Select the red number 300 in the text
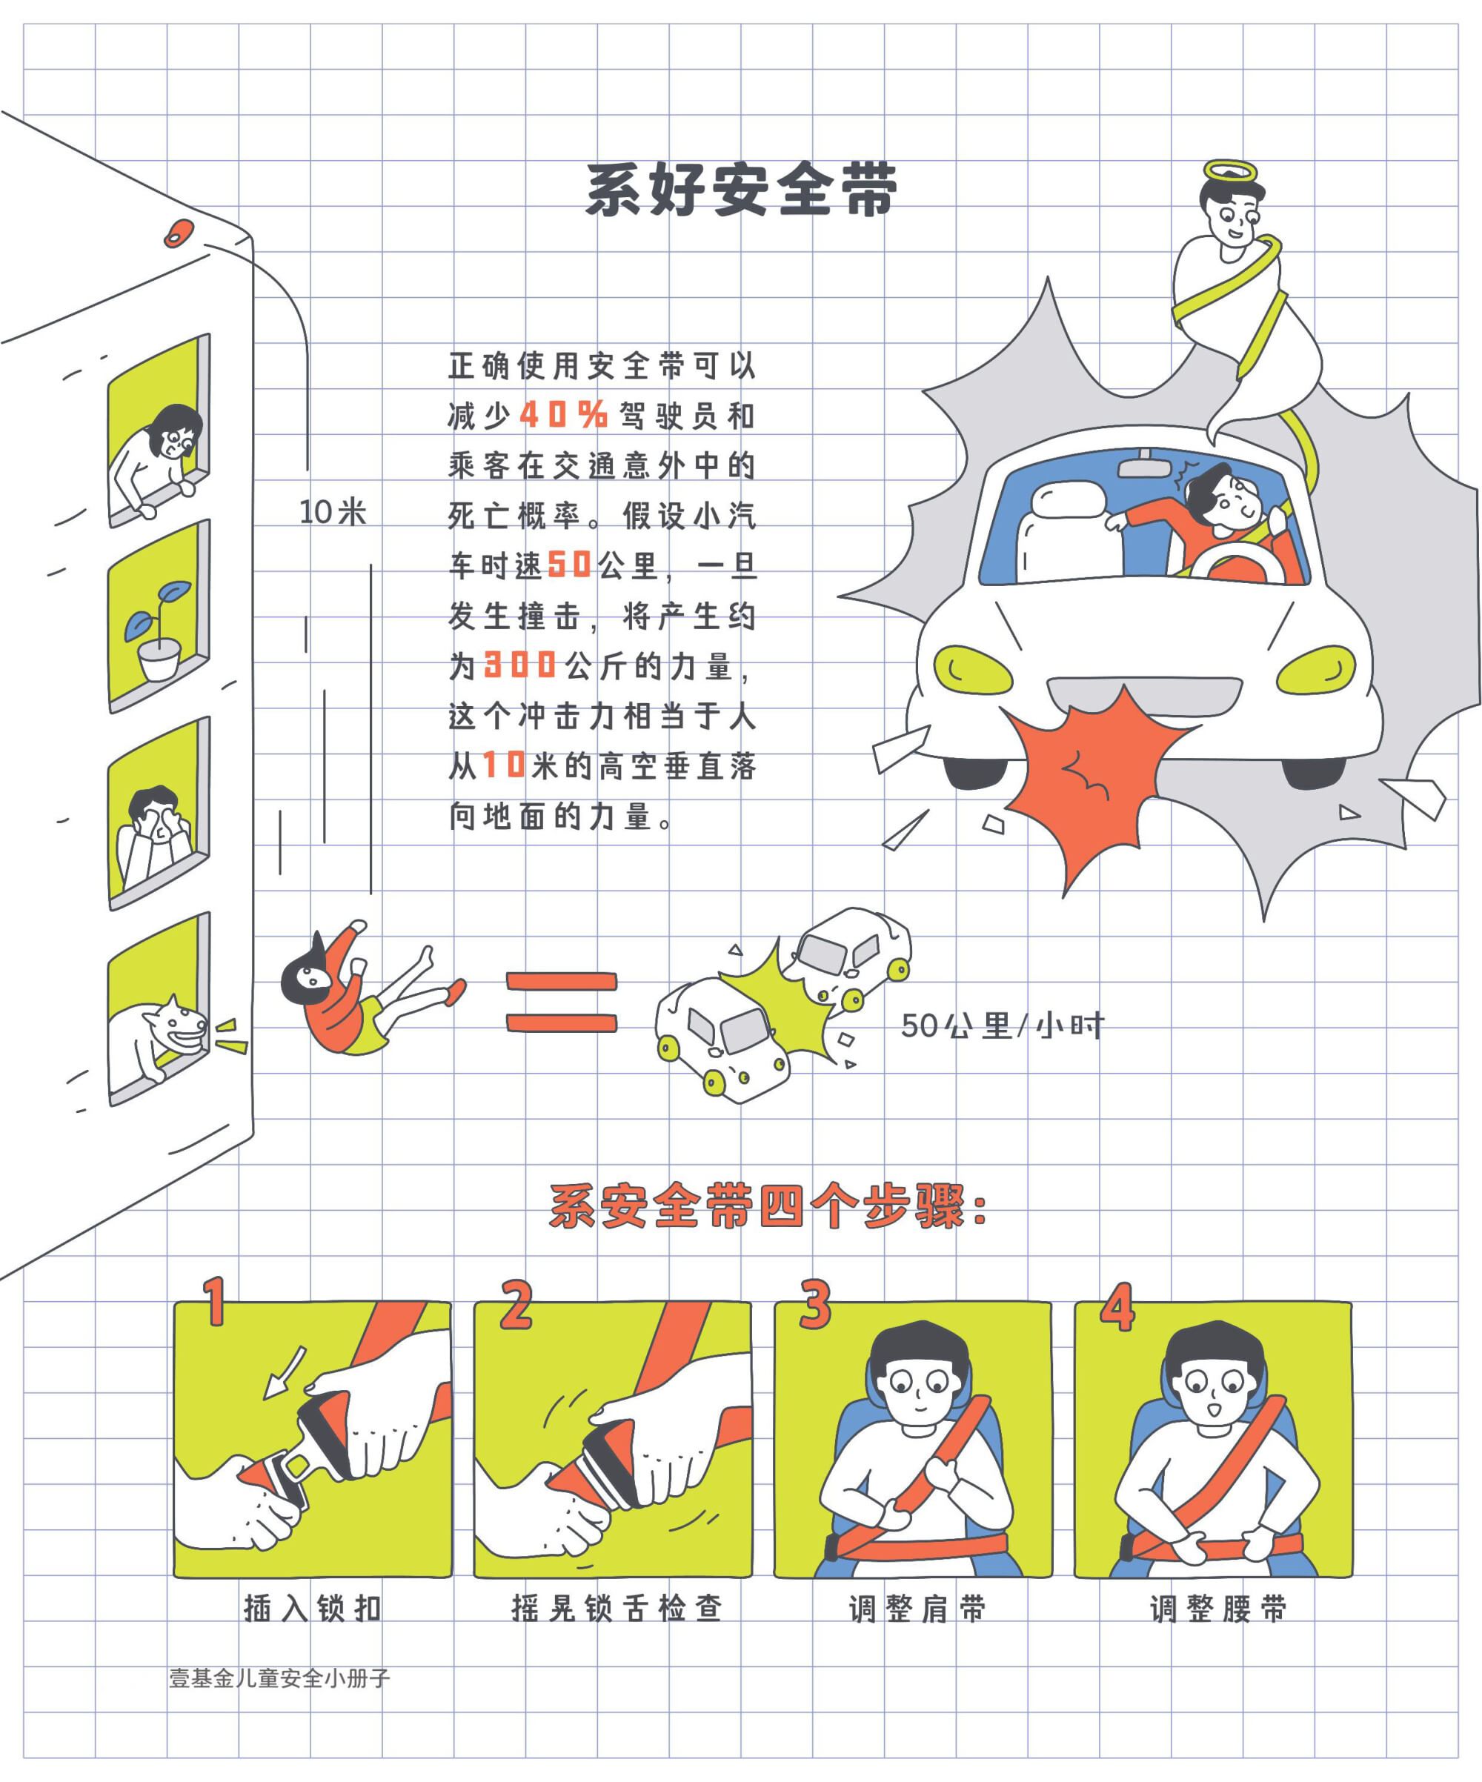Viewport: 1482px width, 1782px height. coord(519,665)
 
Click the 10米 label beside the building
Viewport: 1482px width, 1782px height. coord(333,512)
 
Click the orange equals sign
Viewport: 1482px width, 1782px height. coord(562,1003)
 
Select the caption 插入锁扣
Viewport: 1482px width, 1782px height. coord(313,1608)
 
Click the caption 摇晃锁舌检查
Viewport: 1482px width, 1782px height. coord(617,1608)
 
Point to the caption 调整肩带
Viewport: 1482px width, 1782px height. coord(917,1608)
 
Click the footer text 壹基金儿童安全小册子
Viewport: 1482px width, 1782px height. coord(279,1678)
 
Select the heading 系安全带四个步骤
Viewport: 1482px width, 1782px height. coord(768,1206)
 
